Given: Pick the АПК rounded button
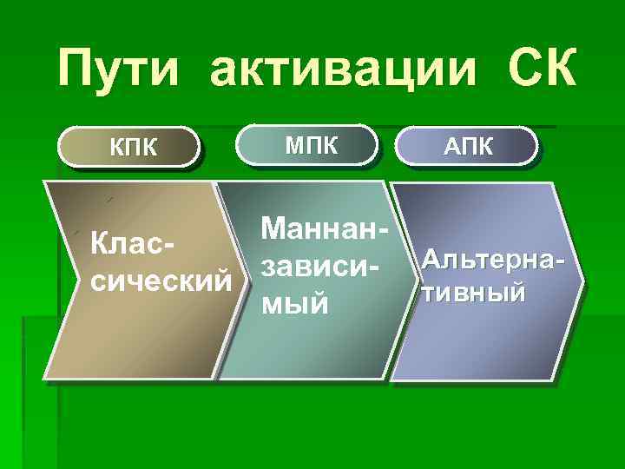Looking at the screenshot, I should tap(468, 146).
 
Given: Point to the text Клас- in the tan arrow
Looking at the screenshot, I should tap(133, 246).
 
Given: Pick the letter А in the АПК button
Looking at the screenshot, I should tap(450, 146).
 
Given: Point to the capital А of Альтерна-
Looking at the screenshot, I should tap(430, 260).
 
